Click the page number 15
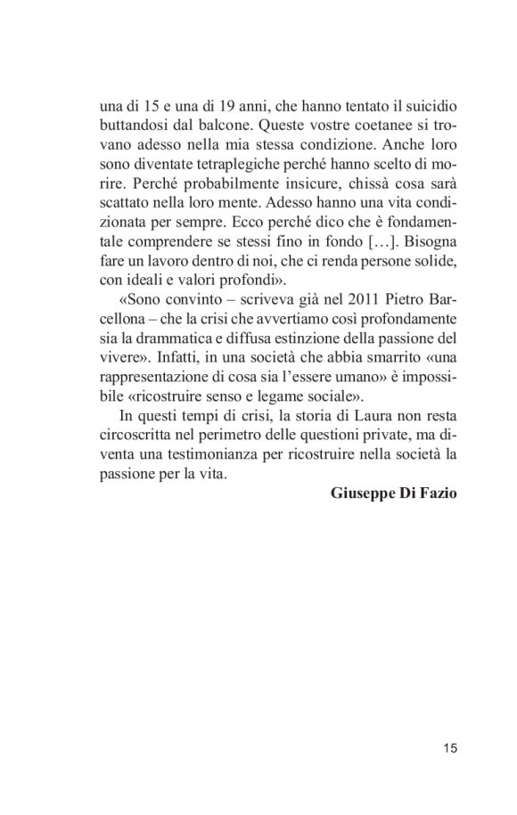[449, 748]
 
